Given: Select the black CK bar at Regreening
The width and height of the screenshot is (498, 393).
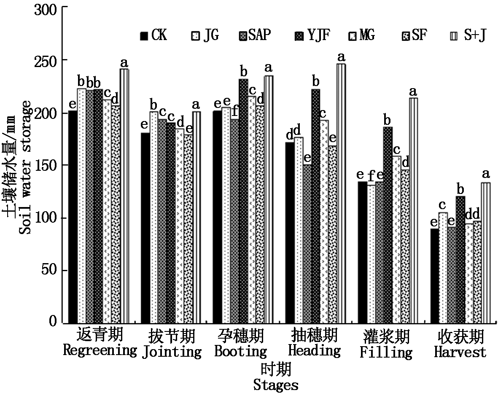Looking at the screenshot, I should tap(73, 217).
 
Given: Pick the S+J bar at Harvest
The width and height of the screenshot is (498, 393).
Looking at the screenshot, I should tap(486, 253).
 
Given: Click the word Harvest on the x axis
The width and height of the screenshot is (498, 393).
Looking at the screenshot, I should tap(460, 352).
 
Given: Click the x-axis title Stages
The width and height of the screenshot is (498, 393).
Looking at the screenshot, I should tap(276, 385).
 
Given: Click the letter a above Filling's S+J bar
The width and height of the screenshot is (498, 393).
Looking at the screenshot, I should tap(413, 92).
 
